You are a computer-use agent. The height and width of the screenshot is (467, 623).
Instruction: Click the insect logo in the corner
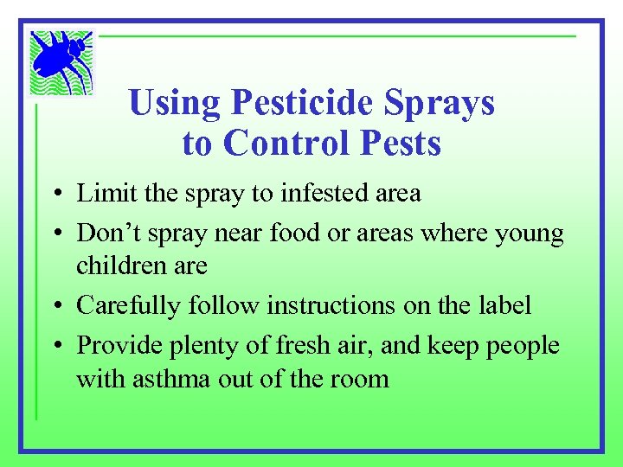tap(60, 61)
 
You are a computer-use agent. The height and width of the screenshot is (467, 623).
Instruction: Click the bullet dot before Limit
tap(54, 195)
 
